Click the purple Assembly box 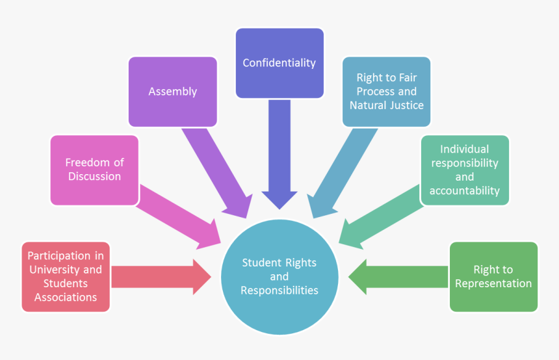coord(172,92)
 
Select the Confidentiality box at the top coord(279,63)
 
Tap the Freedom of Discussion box coord(94,170)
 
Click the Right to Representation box coord(493,277)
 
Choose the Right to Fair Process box coord(386,92)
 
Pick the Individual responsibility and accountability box coord(464,170)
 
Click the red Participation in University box coord(65,277)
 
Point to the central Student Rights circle coord(279,277)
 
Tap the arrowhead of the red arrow coord(201,277)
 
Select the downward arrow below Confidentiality coord(279,156)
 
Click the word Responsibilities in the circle coord(279,290)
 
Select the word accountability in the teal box coord(464,190)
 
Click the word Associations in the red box coord(65,297)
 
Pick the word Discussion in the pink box coord(94,177)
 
